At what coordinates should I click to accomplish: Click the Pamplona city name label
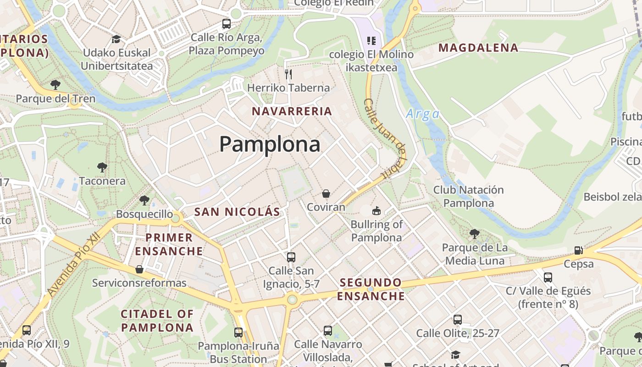pyautogui.click(x=270, y=145)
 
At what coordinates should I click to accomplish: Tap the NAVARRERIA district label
pyautogui.click(x=292, y=111)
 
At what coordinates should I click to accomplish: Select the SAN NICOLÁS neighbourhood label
pyautogui.click(x=237, y=211)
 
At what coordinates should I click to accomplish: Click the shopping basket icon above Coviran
pyautogui.click(x=326, y=194)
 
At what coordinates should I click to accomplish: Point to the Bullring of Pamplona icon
pyautogui.click(x=376, y=211)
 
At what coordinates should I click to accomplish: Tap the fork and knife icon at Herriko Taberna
pyautogui.click(x=288, y=74)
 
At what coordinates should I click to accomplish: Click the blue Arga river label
pyautogui.click(x=422, y=114)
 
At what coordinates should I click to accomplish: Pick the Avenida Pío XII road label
pyautogui.click(x=73, y=265)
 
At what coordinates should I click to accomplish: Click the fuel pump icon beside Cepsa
pyautogui.click(x=579, y=250)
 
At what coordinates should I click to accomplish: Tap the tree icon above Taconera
pyautogui.click(x=102, y=167)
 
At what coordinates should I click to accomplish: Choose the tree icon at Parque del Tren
pyautogui.click(x=55, y=85)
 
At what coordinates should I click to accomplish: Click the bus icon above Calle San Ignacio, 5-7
pyautogui.click(x=291, y=257)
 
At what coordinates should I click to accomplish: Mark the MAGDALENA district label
pyautogui.click(x=478, y=47)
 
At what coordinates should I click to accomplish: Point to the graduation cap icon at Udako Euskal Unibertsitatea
pyautogui.click(x=116, y=39)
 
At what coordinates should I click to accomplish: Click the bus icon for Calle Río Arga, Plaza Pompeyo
pyautogui.click(x=227, y=23)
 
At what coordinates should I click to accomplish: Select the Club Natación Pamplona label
pyautogui.click(x=468, y=196)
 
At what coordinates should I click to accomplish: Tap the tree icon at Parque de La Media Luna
pyautogui.click(x=475, y=234)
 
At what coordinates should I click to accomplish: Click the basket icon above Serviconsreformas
pyautogui.click(x=139, y=269)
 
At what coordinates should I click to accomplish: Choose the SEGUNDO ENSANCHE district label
pyautogui.click(x=371, y=289)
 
